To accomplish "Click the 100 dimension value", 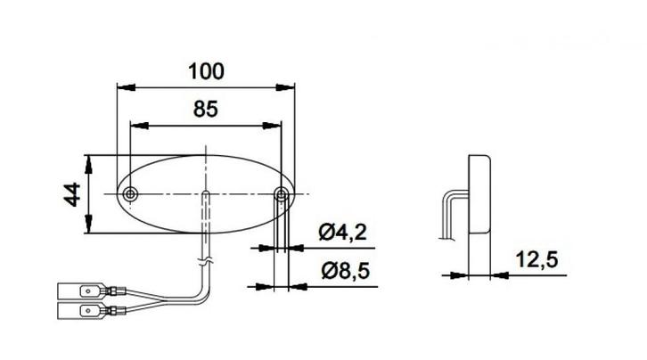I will point(206,69).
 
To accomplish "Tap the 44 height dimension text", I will point(72,193).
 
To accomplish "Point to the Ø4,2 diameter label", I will point(343,233).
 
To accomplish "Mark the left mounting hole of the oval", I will point(131,194).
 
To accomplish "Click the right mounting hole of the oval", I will point(282,194).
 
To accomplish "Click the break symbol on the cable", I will point(207,260).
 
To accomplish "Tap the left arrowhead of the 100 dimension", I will point(124,87).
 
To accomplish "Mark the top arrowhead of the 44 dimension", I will point(88,160).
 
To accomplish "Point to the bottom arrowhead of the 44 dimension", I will point(88,228).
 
